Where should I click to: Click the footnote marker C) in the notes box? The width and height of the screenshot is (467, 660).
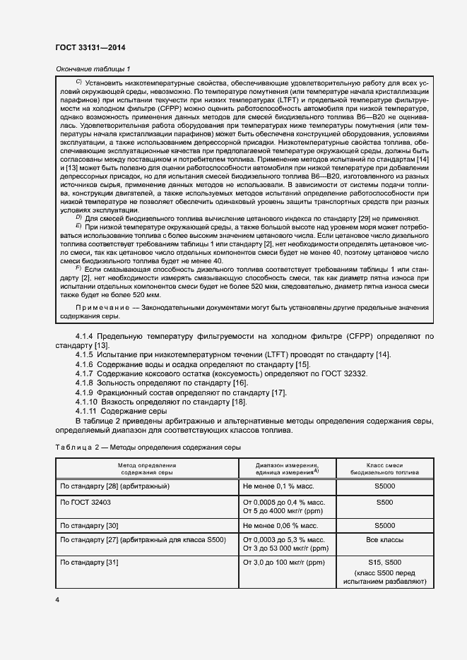point(78,82)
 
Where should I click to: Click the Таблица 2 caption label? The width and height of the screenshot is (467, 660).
point(75,448)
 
